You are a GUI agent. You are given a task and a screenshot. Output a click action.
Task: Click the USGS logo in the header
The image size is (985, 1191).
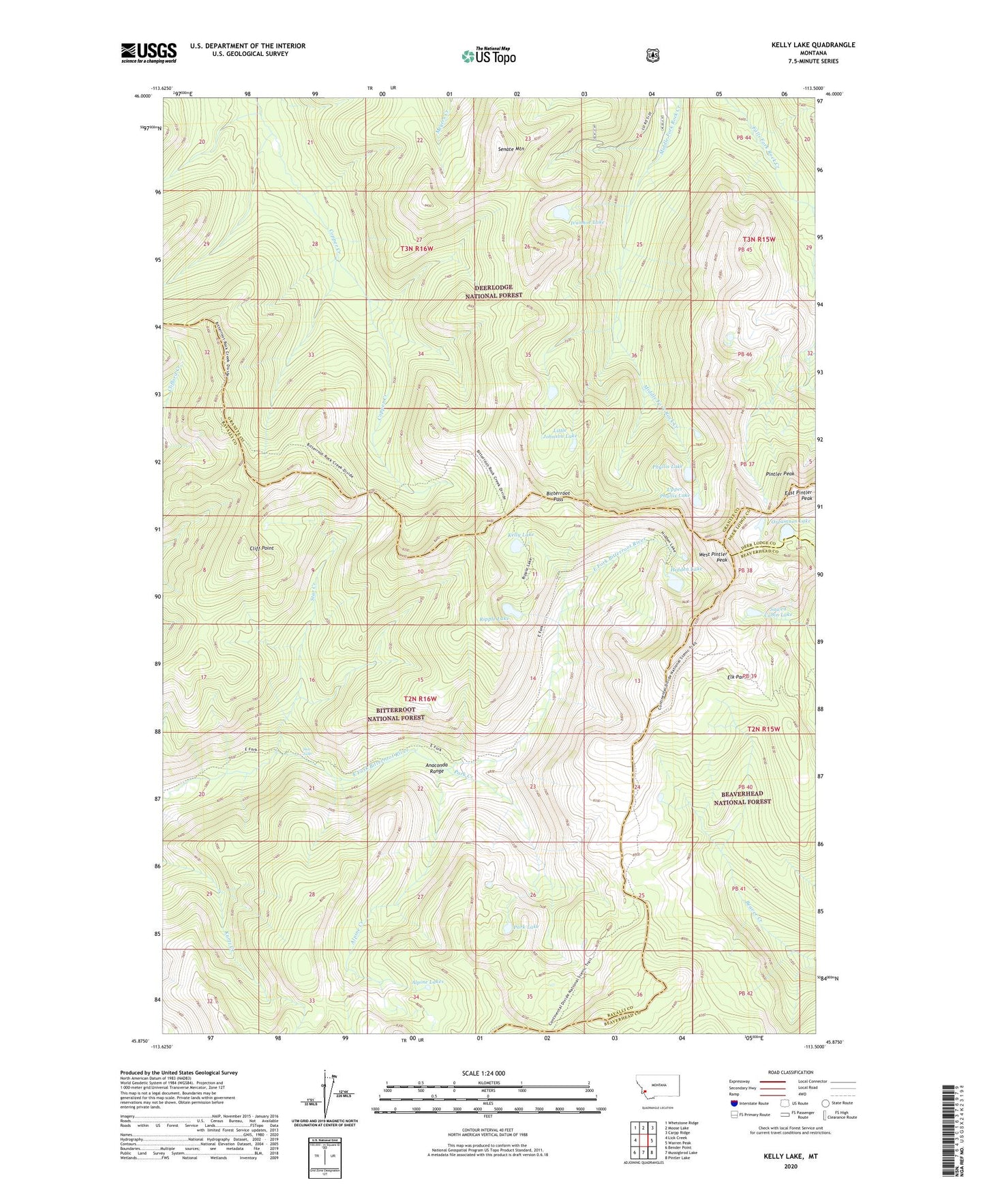[x=149, y=52]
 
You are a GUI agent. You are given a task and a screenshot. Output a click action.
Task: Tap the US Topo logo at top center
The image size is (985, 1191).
[x=488, y=55]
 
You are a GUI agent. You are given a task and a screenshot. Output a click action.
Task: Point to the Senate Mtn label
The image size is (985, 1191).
[x=511, y=149]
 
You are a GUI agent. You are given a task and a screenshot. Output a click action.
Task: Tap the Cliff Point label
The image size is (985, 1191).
[x=262, y=548]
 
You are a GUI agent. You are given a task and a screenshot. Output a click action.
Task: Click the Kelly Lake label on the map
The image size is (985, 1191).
[x=521, y=535]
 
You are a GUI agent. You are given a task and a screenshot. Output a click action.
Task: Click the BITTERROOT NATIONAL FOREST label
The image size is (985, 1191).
[x=396, y=714]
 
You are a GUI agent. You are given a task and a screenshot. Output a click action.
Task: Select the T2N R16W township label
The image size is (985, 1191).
[x=420, y=699]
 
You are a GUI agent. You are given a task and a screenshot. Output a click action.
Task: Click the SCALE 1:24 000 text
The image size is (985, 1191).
[x=483, y=1073]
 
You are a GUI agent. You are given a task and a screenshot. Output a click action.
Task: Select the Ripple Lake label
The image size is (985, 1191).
[x=494, y=618]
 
